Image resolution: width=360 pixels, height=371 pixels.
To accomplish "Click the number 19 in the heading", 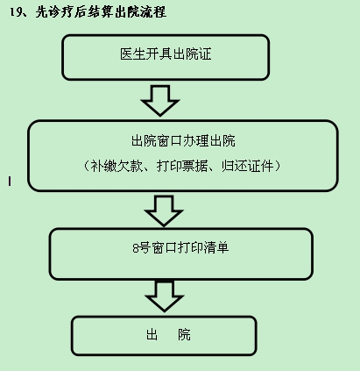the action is point(15,12).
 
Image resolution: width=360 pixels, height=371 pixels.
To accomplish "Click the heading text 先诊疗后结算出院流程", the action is point(101,12).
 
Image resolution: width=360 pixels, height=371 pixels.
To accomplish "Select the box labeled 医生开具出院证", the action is point(166,57).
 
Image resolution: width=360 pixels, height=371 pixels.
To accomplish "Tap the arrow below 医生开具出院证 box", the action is point(160,100).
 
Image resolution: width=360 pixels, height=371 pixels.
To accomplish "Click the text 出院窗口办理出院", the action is point(183,140).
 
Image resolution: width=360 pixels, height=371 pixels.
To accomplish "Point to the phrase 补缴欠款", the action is point(116,166).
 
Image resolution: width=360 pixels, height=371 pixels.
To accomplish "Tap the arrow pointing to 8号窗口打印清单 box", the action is point(164,210).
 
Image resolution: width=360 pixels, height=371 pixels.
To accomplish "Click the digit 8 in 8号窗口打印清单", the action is point(136,248).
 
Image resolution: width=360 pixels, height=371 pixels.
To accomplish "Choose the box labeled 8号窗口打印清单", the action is point(181,253).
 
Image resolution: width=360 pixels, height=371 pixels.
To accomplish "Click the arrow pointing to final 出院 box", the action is point(164,296).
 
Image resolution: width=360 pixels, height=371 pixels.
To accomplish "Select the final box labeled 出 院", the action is point(164,336).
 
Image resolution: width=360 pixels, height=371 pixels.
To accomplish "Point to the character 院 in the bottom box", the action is point(184,335).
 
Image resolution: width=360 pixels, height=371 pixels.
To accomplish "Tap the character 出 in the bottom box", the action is point(152,335).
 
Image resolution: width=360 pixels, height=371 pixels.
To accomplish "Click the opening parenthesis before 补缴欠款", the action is point(86,166).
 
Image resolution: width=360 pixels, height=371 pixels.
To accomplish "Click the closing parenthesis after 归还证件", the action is point(278,166).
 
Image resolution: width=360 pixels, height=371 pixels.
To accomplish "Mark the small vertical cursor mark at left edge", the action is point(10,182).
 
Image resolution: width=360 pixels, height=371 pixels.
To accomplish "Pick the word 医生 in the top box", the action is point(133,54).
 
